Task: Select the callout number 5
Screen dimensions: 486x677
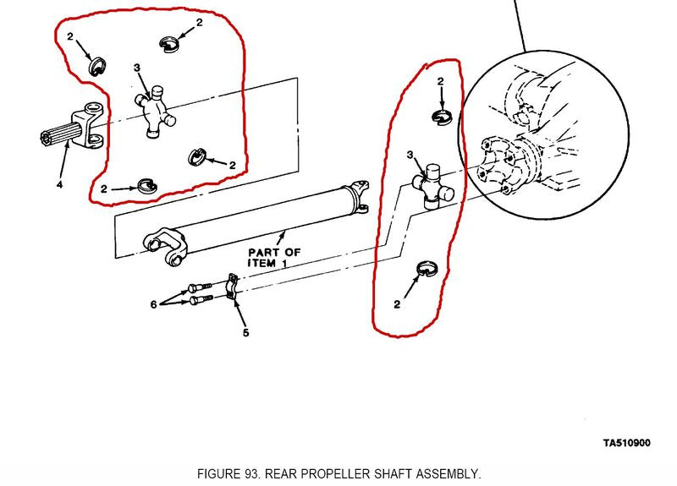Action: (246, 332)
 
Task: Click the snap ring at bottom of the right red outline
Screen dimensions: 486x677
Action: (428, 270)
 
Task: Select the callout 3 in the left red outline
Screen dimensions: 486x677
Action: (136, 68)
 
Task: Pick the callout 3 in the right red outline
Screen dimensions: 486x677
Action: (410, 156)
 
